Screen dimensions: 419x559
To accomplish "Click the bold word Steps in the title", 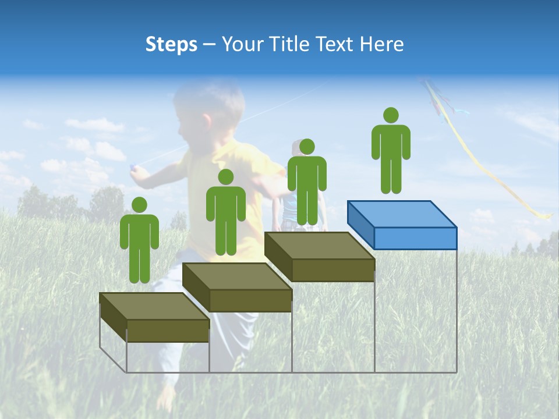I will (x=171, y=44).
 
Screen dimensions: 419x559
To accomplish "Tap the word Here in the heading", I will (x=381, y=44).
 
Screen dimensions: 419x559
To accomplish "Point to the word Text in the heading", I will (x=336, y=44).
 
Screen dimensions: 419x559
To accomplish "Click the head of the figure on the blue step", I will (x=391, y=115).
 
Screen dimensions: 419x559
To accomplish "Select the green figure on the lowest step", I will (x=139, y=244).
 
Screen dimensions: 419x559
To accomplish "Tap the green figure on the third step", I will (x=307, y=186).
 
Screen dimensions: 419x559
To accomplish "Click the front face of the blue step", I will (x=415, y=238).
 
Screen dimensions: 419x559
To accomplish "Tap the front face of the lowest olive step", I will (x=168, y=331).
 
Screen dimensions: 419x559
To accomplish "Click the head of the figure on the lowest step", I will (x=139, y=205).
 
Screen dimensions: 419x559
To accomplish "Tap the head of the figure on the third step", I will (x=307, y=147).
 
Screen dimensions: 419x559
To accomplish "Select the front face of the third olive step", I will (x=332, y=270).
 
